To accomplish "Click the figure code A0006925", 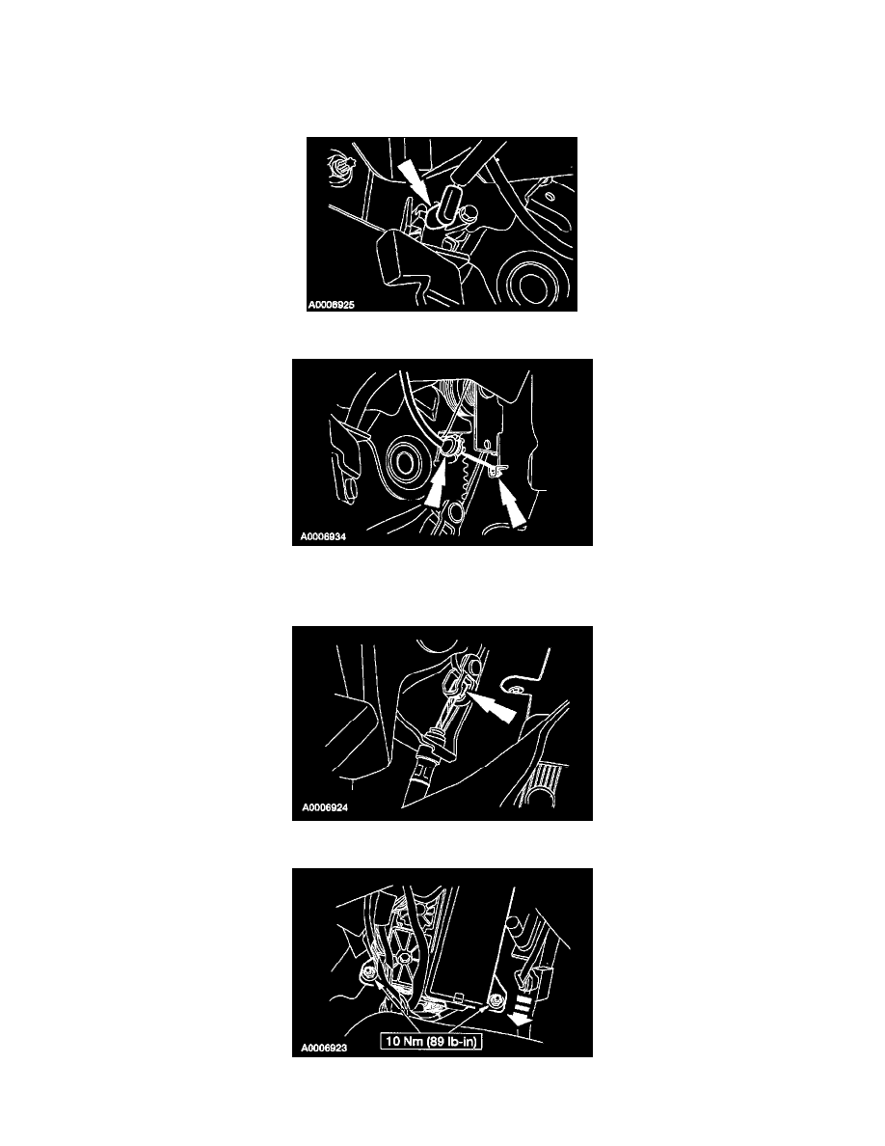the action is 331,304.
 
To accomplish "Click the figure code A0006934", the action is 323,536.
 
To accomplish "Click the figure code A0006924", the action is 325,807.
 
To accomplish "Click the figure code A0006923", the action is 324,1048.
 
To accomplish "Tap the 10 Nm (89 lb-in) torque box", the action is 431,1041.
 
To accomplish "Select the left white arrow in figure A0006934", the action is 437,486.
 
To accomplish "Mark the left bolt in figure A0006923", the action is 367,974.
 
